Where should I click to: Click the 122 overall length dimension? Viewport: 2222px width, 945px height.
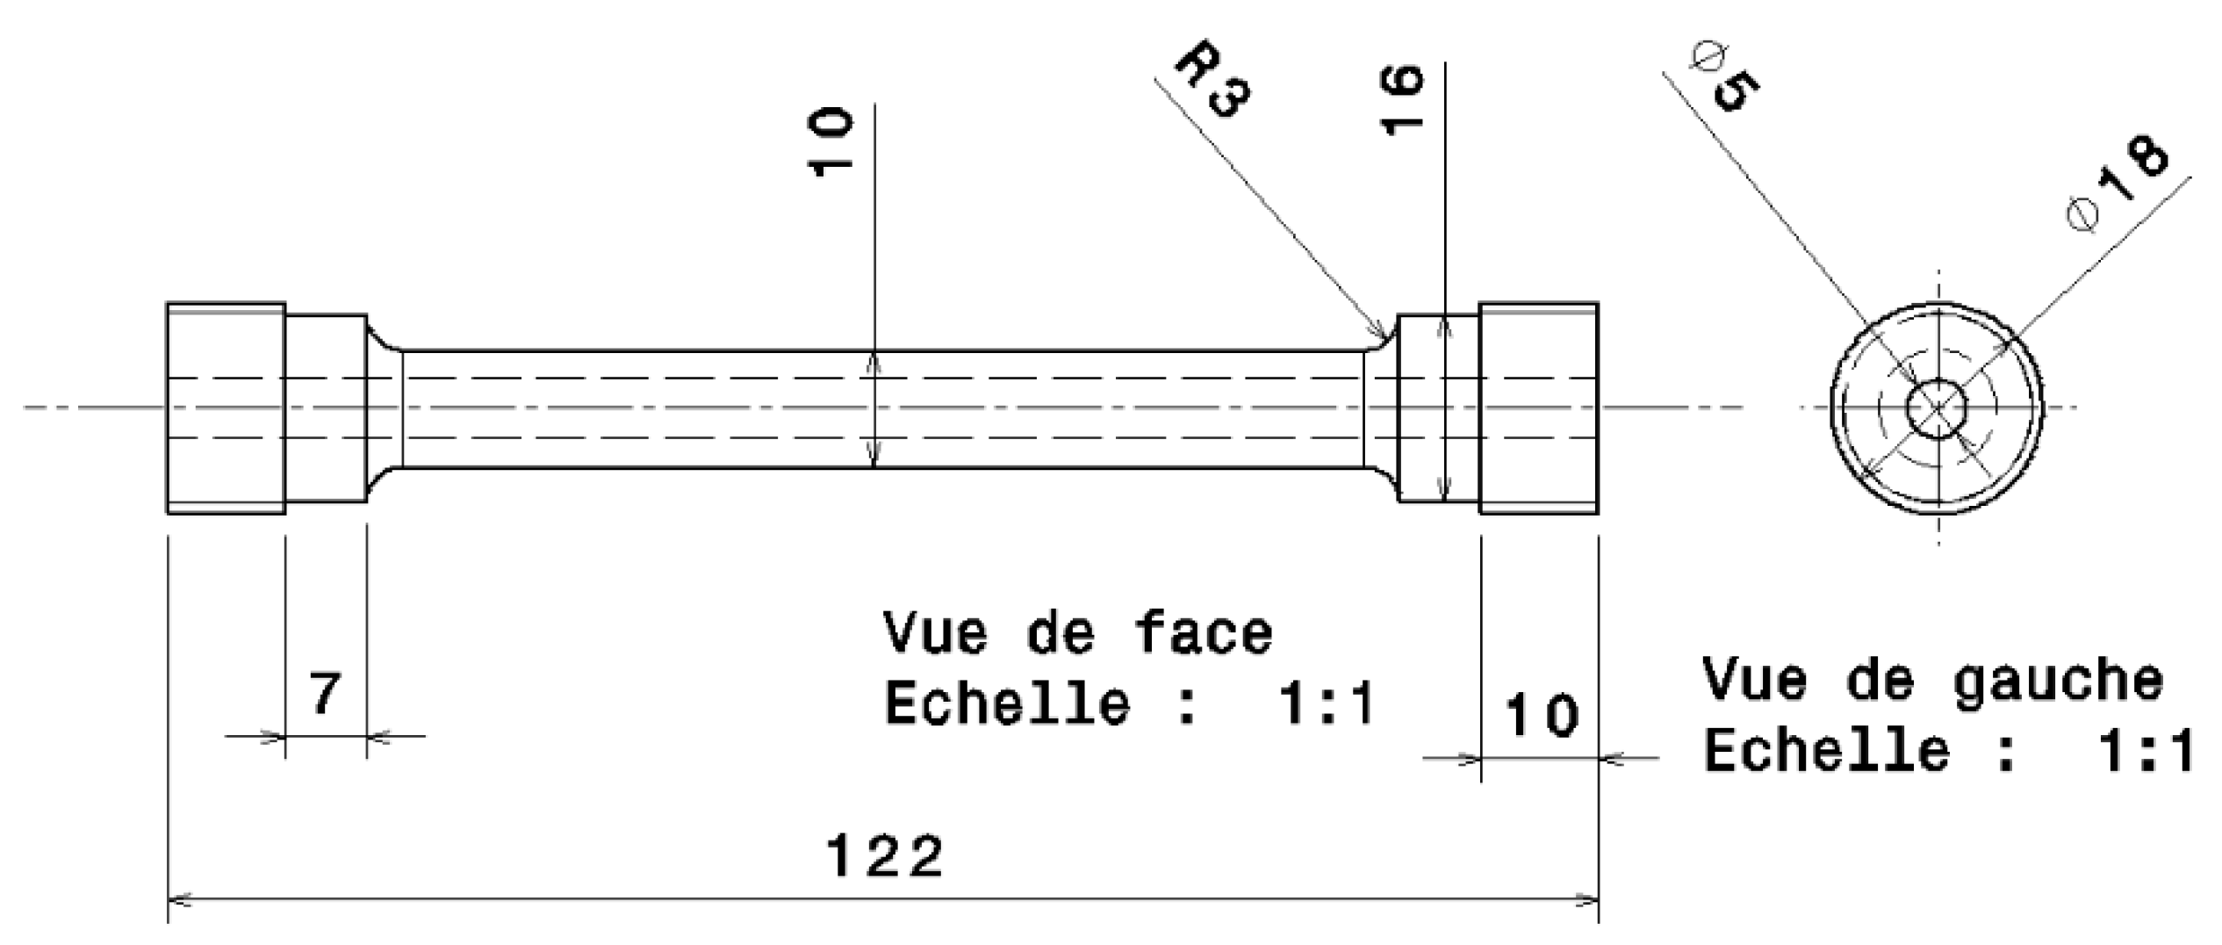[885, 856]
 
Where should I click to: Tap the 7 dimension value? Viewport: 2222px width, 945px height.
[325, 694]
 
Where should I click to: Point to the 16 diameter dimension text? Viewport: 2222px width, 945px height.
[1401, 99]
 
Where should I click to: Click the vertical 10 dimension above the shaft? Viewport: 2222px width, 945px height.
[831, 141]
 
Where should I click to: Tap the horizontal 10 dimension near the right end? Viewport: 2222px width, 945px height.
[1542, 715]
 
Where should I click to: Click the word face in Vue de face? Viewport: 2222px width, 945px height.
[1204, 634]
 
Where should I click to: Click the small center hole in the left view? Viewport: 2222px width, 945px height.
[1937, 408]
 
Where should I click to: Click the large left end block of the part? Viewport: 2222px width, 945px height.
[226, 408]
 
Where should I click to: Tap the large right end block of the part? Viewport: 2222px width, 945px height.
[1538, 408]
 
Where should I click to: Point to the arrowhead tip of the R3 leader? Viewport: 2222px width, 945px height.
[1388, 338]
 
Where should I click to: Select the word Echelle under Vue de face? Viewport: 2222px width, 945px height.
[1007, 704]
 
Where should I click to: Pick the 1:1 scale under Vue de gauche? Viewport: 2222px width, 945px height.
[2146, 752]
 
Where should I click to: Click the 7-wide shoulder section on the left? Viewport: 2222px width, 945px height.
[326, 408]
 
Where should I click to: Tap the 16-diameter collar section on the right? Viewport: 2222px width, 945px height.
[1438, 408]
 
